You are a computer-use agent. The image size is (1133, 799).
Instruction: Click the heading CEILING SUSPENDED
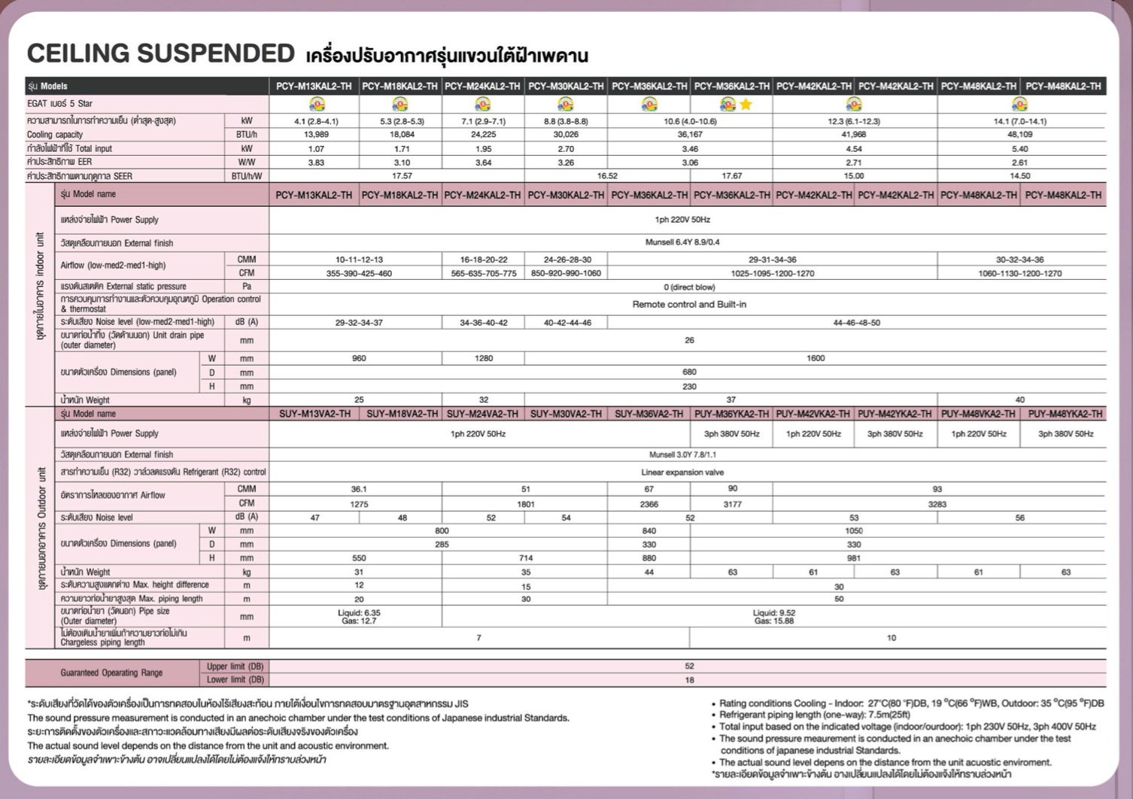pyautogui.click(x=160, y=53)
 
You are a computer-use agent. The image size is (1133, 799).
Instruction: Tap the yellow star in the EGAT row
pyautogui.click(x=746, y=105)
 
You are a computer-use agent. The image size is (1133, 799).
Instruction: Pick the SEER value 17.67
pyautogui.click(x=731, y=176)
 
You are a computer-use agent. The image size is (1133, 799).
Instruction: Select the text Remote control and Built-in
pyautogui.click(x=689, y=305)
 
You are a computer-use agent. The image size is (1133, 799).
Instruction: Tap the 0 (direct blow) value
pyautogui.click(x=689, y=287)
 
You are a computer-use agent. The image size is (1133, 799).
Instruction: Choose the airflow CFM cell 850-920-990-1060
pyautogui.click(x=566, y=273)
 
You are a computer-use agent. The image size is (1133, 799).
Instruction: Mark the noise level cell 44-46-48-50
pyautogui.click(x=856, y=323)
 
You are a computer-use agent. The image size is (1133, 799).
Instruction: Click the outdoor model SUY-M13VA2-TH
pyautogui.click(x=314, y=414)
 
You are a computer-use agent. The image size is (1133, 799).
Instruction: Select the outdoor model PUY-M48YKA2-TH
pyautogui.click(x=1065, y=414)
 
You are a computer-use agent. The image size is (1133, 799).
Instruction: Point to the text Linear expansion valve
pyautogui.click(x=682, y=472)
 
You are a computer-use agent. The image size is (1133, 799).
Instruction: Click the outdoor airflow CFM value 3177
pyautogui.click(x=732, y=504)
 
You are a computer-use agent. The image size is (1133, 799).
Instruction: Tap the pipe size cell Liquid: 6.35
pyautogui.click(x=359, y=613)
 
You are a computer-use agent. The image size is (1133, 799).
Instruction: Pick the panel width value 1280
pyautogui.click(x=484, y=359)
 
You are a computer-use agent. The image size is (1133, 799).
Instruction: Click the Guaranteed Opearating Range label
pyautogui.click(x=111, y=673)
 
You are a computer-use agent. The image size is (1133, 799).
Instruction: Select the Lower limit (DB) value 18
pyautogui.click(x=689, y=680)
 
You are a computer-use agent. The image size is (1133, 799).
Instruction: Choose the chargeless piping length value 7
pyautogui.click(x=479, y=638)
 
